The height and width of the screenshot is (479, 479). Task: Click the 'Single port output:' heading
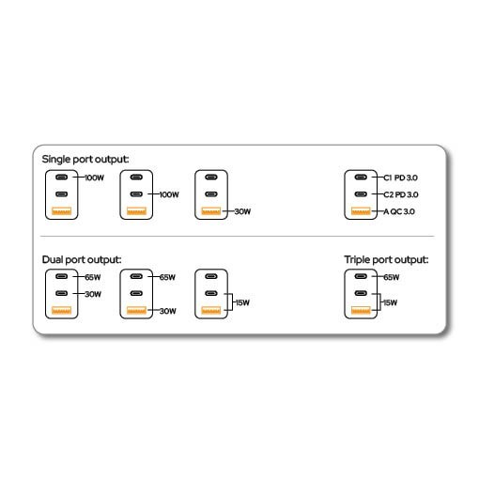click(x=85, y=160)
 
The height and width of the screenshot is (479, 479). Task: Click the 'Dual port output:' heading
click(x=82, y=260)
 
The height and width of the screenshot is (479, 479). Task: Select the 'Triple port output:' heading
click(x=386, y=260)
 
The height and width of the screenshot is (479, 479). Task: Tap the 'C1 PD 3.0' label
click(x=400, y=178)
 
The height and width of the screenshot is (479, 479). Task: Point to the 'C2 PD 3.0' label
click(x=401, y=194)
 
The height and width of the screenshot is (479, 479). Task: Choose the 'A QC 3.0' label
click(x=399, y=211)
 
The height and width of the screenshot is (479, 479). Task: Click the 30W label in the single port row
click(x=242, y=211)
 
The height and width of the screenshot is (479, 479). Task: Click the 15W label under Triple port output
click(x=391, y=302)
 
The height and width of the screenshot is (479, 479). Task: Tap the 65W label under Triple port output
click(x=392, y=277)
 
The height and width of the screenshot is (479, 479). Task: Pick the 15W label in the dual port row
click(x=242, y=302)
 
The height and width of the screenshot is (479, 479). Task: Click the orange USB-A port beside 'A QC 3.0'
click(x=361, y=211)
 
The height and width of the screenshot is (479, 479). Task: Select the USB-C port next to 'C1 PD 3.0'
click(x=361, y=178)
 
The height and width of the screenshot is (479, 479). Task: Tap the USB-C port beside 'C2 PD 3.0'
click(x=361, y=194)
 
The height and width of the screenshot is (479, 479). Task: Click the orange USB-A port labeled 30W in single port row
click(x=211, y=211)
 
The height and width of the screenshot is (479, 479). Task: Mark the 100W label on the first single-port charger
click(x=94, y=178)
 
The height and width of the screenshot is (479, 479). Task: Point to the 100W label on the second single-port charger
click(x=169, y=194)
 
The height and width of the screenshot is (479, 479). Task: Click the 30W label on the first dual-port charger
click(x=93, y=294)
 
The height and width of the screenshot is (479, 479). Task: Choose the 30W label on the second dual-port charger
click(x=168, y=311)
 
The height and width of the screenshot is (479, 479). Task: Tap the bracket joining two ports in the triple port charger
click(x=379, y=302)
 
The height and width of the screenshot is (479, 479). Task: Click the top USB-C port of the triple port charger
click(x=361, y=276)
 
